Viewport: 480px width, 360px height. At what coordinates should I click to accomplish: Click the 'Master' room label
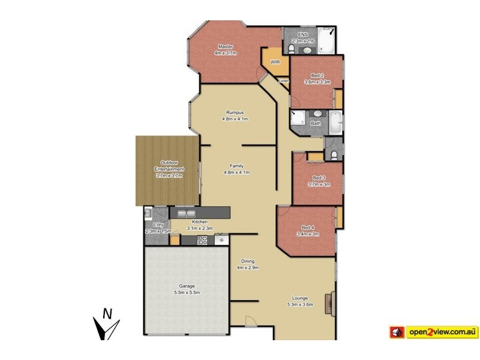[x=226, y=46]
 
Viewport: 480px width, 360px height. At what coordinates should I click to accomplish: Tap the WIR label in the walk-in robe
[x=275, y=62]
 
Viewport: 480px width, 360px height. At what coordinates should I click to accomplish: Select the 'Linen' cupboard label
[x=284, y=80]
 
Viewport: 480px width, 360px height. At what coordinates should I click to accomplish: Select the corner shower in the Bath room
[x=298, y=119]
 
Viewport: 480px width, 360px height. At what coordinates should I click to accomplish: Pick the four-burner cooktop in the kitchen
[x=203, y=240]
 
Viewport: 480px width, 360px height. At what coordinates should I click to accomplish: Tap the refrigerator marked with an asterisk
[x=222, y=240]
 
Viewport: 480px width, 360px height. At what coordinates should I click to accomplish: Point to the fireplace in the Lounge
[x=329, y=304]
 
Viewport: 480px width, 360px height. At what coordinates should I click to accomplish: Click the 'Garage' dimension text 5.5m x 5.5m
[x=187, y=292]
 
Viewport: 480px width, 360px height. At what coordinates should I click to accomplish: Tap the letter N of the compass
[x=107, y=313]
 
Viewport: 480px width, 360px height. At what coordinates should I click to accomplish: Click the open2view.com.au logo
[x=434, y=331]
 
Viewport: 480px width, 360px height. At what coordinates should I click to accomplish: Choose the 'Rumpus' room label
[x=235, y=112]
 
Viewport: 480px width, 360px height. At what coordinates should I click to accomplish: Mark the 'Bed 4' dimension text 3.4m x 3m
[x=307, y=234]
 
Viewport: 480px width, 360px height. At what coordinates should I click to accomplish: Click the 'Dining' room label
[x=247, y=261]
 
